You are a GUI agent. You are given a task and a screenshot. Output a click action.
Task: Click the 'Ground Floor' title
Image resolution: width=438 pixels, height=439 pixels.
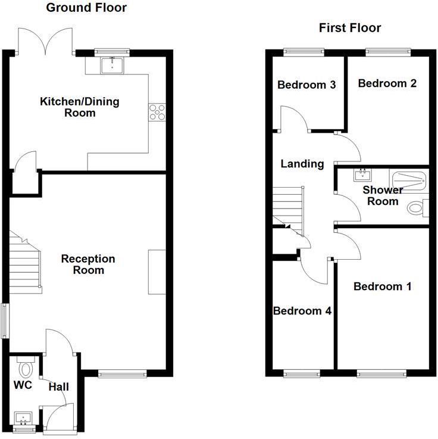[x=86, y=8]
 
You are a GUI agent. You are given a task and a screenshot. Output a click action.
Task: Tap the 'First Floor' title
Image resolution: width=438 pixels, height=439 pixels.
[x=350, y=28]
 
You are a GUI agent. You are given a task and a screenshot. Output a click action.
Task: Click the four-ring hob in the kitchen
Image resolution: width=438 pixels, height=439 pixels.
[x=158, y=112]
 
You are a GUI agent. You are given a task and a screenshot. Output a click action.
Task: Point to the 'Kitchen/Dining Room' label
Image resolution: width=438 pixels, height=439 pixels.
[x=79, y=107]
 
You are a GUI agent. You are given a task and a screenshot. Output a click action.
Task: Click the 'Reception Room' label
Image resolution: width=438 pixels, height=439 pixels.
[x=88, y=264]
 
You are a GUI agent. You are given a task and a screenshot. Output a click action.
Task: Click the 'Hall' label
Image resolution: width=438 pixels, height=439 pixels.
[x=58, y=387]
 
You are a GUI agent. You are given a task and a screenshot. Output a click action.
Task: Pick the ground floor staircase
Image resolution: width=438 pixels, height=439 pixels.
[x=26, y=262]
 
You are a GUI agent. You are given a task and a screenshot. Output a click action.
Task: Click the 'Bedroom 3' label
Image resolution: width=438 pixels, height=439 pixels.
[x=306, y=85]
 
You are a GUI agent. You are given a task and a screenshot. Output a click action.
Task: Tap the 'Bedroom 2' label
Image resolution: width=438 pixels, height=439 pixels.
[x=387, y=83]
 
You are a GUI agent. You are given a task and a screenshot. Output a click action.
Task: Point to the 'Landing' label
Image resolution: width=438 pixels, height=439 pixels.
[x=302, y=164]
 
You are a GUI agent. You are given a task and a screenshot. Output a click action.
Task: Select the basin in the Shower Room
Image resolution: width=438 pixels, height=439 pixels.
[x=362, y=175]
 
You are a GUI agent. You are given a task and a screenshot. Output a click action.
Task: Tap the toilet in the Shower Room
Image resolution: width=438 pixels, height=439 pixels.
[x=418, y=208]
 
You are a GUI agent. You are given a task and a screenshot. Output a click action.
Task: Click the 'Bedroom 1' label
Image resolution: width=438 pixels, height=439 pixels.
[x=382, y=287]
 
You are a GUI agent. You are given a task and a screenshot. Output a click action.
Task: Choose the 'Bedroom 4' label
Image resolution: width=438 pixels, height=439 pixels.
[x=302, y=311]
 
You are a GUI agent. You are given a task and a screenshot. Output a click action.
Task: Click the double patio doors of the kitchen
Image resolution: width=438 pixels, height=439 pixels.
[x=46, y=41]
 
